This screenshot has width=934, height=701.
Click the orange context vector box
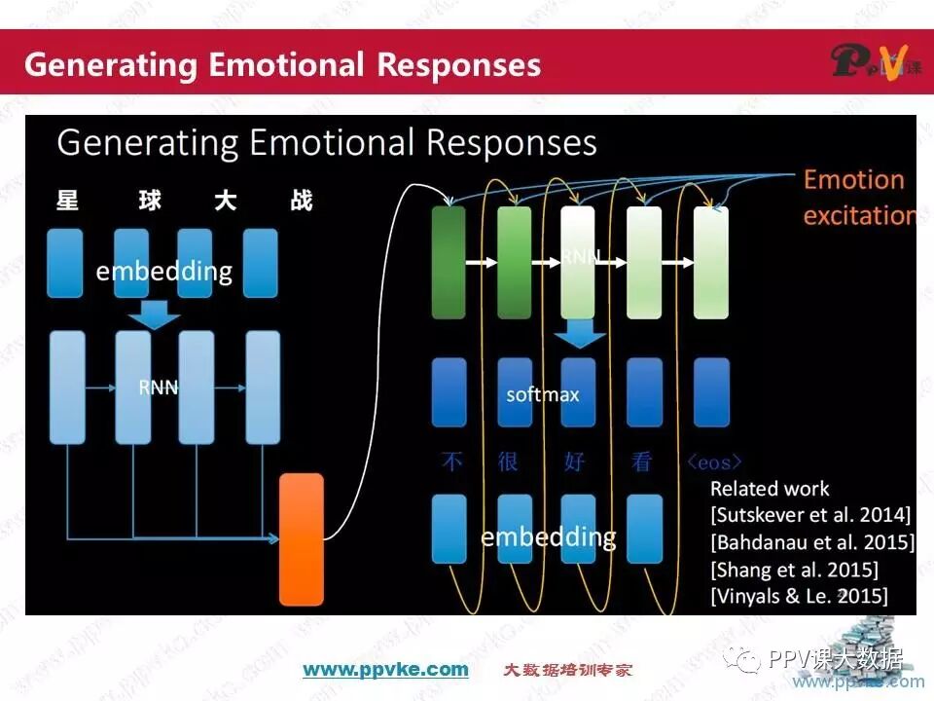click(301, 538)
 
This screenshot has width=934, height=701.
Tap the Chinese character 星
click(67, 202)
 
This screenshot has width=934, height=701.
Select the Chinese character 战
click(301, 202)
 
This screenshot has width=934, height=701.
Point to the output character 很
click(508, 461)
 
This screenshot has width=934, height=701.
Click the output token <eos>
click(714, 461)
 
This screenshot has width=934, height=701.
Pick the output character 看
click(641, 461)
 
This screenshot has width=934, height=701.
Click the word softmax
click(542, 394)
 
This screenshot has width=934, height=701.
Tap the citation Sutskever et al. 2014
click(810, 514)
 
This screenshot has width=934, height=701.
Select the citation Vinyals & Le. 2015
click(799, 596)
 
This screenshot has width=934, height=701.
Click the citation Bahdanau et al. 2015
click(812, 541)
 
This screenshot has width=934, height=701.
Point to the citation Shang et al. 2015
click(794, 569)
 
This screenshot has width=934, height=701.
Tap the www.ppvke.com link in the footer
click(385, 669)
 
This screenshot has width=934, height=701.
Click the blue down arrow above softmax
click(581, 334)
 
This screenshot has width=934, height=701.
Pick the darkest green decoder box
click(449, 263)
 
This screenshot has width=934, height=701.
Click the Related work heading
click(770, 489)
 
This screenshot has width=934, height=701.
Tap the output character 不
click(451, 461)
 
